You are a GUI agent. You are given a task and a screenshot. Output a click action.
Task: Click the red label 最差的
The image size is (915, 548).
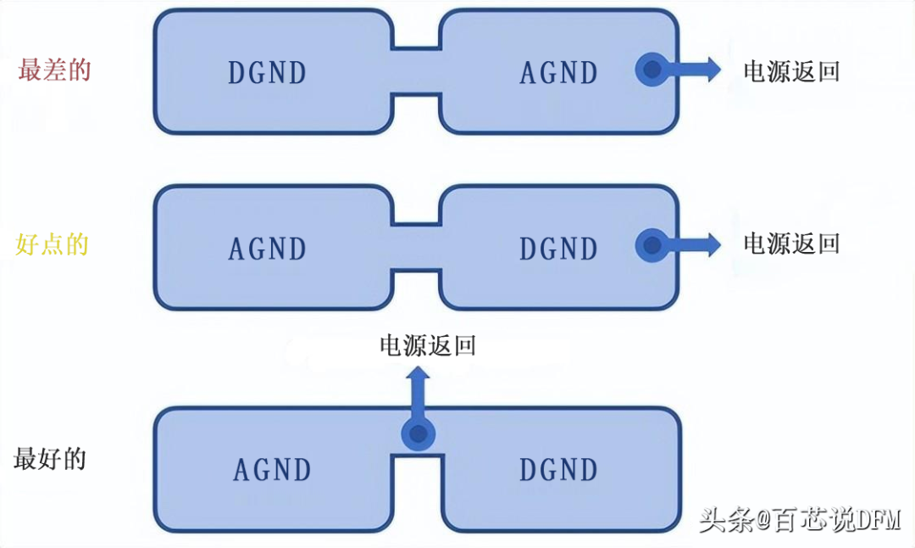pos(54,70)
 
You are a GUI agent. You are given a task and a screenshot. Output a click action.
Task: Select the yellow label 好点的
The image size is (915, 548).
pos(53,245)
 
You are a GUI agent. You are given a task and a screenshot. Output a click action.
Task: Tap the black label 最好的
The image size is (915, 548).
pos(50,460)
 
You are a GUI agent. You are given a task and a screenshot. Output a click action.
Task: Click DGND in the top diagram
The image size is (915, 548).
pos(267,73)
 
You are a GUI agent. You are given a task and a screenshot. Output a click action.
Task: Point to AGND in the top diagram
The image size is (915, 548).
pos(558,73)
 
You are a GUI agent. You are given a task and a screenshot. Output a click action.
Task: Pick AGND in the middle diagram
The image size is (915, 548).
pos(267,249)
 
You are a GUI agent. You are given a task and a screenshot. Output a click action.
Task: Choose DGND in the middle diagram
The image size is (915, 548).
pos(558,249)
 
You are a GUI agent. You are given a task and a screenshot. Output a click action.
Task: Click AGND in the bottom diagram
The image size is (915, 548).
pos(272,469)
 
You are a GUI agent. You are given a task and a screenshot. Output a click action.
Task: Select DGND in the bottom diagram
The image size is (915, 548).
pos(558,469)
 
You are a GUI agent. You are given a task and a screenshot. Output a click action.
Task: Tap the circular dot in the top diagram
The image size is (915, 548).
pos(651,70)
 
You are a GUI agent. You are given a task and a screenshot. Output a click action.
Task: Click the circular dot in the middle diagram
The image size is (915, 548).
pos(651,245)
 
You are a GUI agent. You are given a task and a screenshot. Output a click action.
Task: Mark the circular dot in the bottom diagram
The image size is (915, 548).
pos(417,436)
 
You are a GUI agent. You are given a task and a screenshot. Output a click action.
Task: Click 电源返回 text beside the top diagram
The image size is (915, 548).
pos(791,70)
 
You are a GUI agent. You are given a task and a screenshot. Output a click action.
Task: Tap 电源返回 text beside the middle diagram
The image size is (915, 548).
pos(791,244)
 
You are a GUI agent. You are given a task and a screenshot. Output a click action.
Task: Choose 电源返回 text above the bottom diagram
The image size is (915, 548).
pos(427,345)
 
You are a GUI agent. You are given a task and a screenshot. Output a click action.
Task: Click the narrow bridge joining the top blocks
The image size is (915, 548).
pos(416,71)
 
